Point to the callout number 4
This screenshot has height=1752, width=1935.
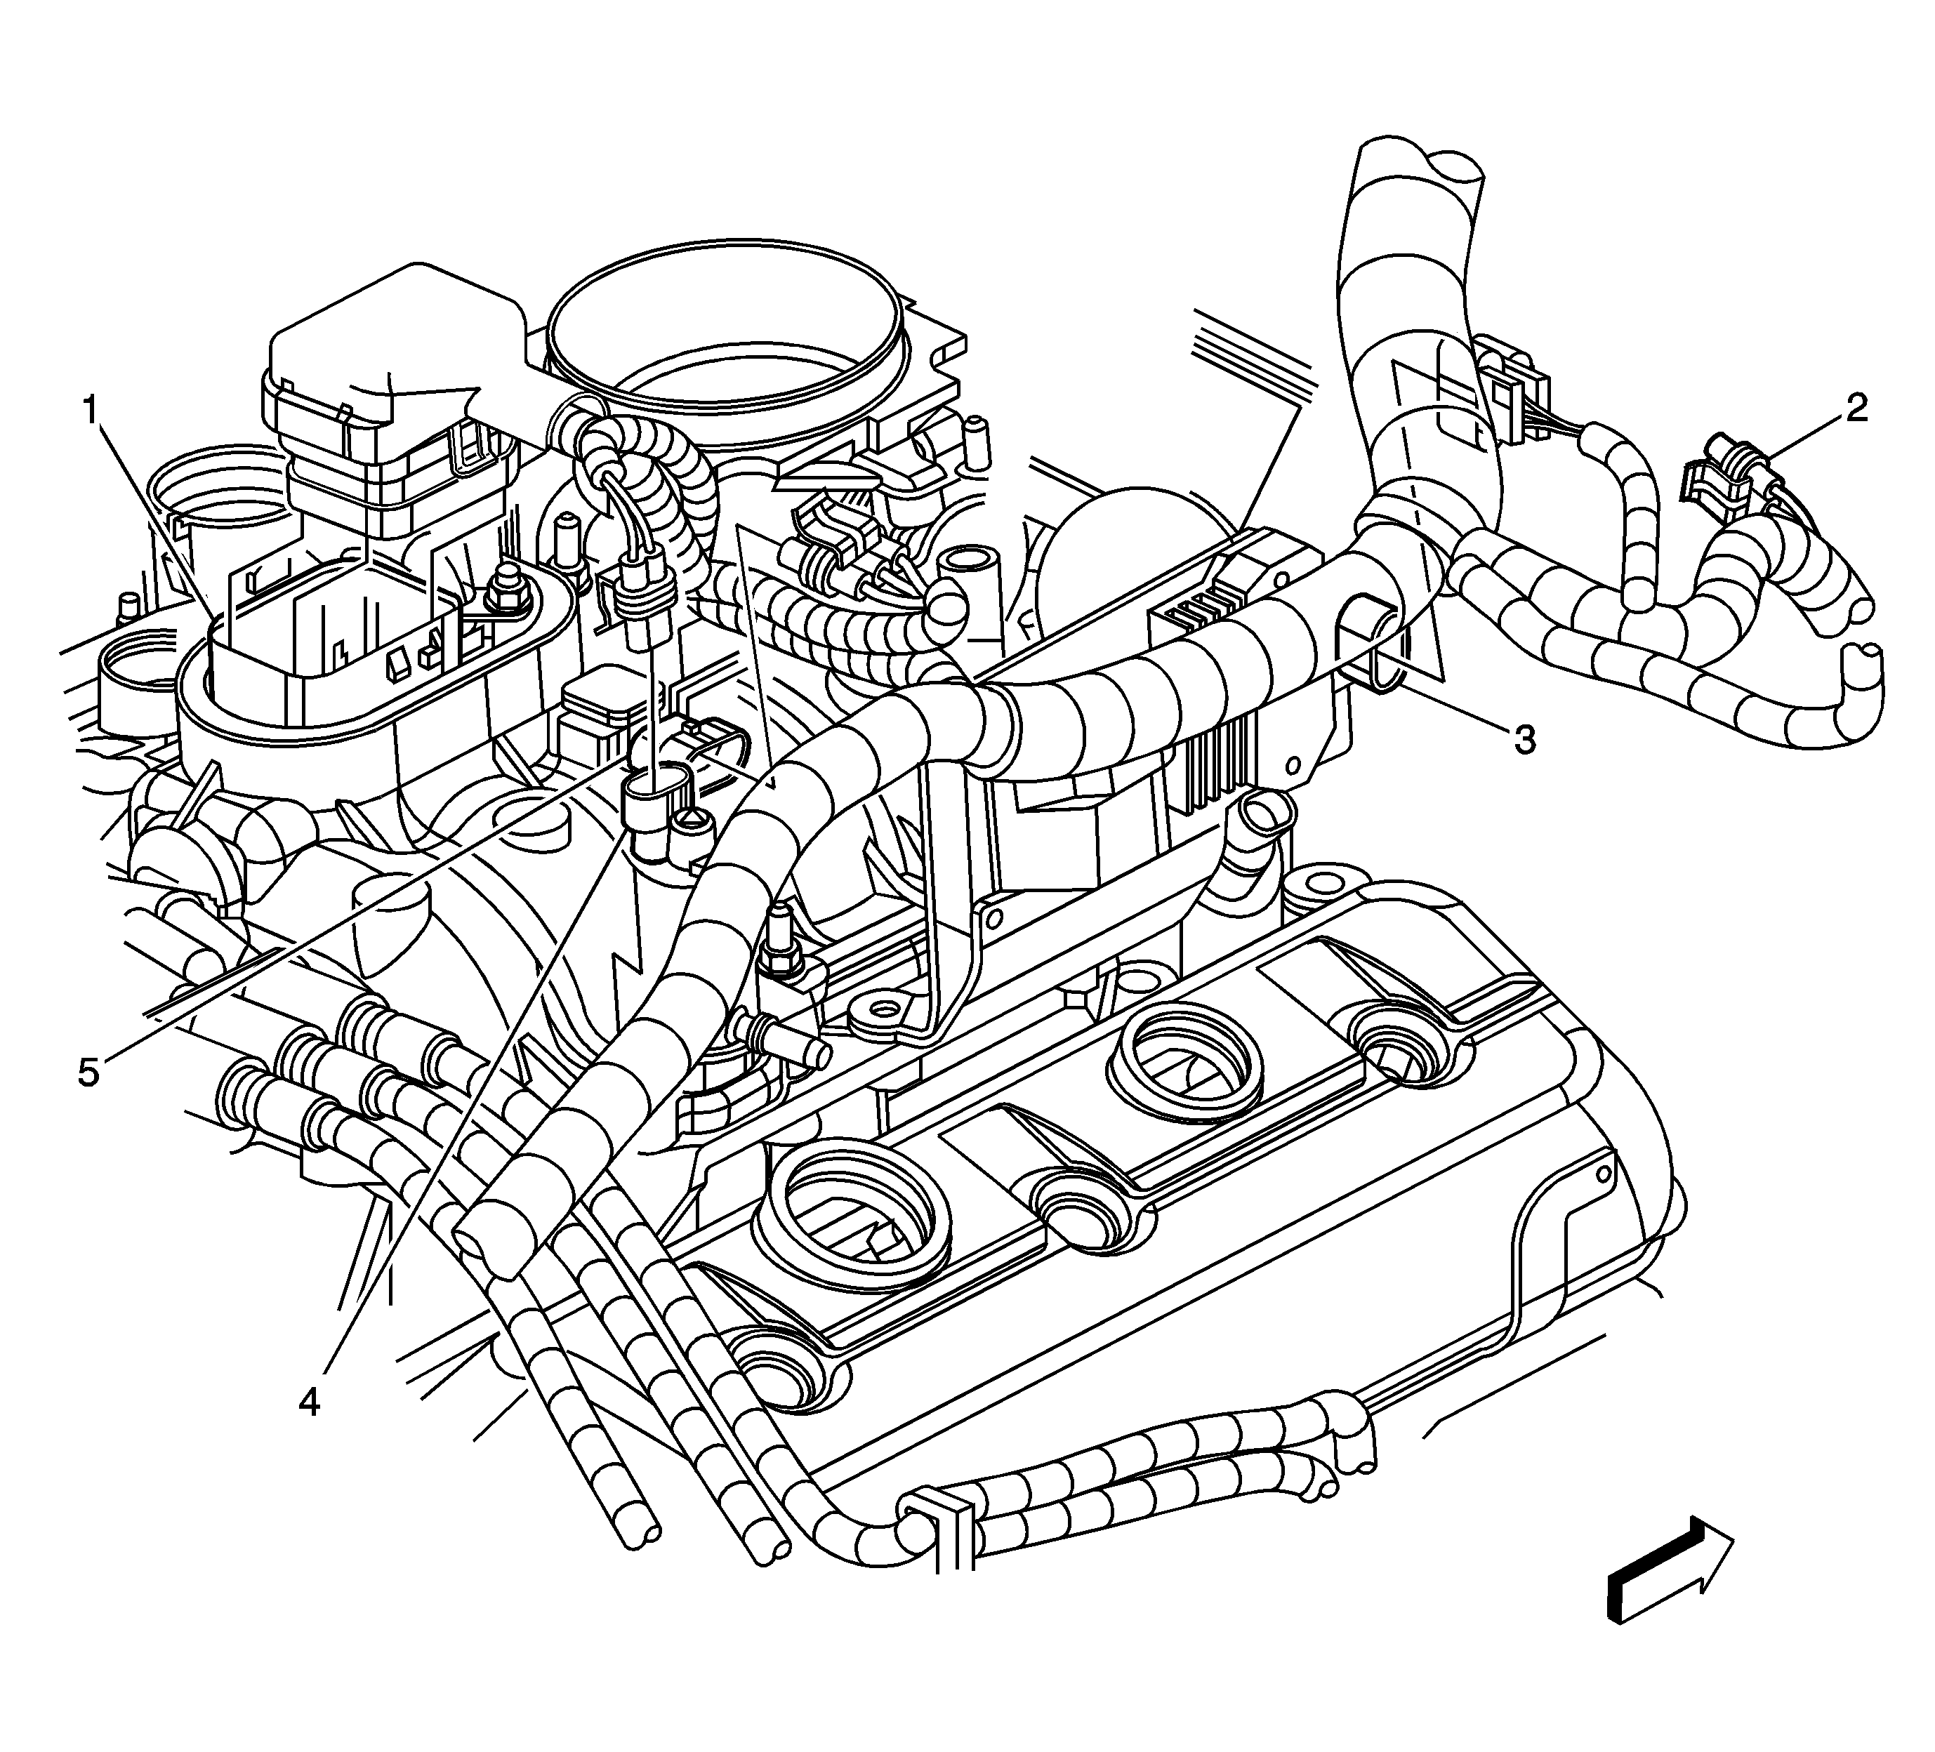tap(308, 1402)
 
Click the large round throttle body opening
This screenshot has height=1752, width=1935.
tap(727, 326)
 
